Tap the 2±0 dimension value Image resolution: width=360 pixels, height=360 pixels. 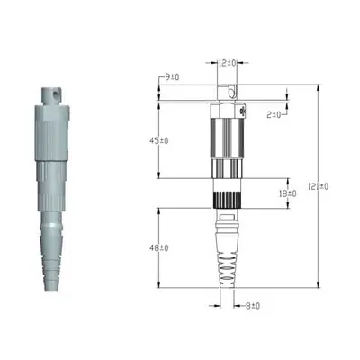275,114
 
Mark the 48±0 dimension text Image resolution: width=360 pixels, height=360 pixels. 158,247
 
